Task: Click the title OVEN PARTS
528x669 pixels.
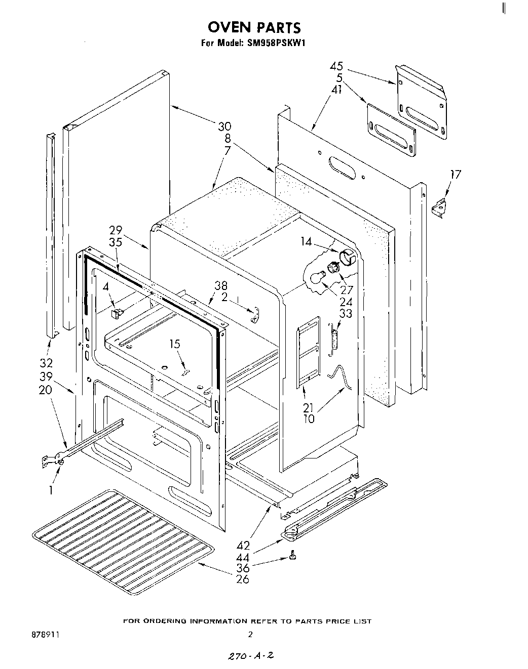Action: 254,27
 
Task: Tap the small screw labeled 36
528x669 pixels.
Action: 292,557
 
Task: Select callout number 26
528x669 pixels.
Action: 243,579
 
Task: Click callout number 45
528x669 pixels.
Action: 336,66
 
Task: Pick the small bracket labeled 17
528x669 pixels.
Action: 439,208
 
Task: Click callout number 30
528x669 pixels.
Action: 224,127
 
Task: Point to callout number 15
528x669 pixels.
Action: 174,345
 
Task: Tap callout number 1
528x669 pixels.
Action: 51,490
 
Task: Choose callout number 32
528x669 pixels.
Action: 47,363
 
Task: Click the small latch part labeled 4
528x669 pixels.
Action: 116,313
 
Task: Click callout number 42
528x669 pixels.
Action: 243,546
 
